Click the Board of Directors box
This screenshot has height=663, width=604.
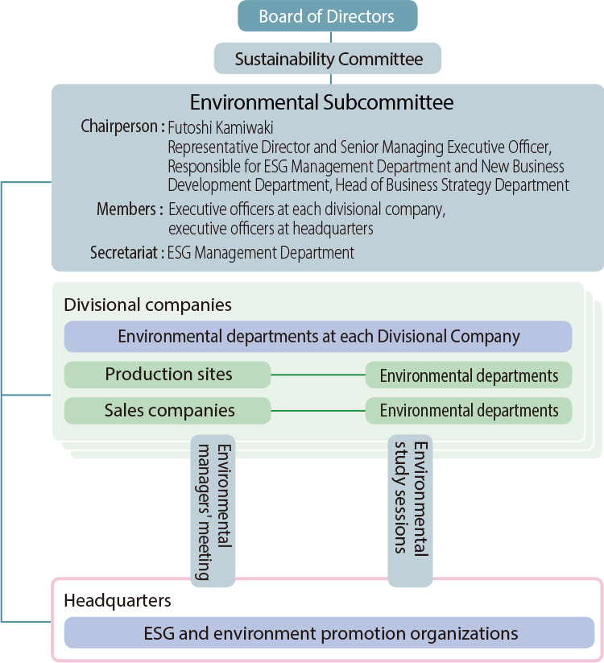327,16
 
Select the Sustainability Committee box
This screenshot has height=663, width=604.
328,59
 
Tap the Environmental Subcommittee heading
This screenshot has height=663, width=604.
321,103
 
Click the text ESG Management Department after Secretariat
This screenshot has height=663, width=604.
261,253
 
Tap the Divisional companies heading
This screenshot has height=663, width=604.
147,305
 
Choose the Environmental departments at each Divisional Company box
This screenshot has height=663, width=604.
318,337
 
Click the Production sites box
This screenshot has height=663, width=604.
168,375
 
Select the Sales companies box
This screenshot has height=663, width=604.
168,411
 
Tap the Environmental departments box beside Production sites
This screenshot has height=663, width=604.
469,375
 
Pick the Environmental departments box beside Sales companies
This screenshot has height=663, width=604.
469,411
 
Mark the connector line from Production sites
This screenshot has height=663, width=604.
318,375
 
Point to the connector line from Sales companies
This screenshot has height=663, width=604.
318,411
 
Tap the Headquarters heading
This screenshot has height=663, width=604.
118,601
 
